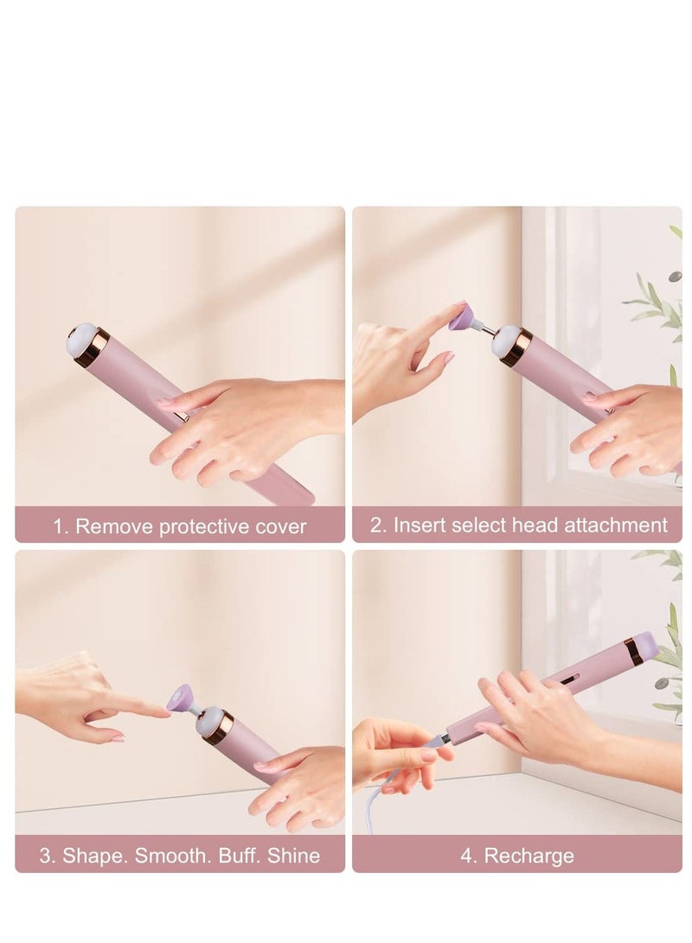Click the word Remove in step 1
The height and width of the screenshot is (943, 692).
(x=110, y=526)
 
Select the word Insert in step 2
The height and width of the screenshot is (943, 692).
(x=421, y=525)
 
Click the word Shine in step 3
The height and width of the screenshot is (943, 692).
(x=294, y=856)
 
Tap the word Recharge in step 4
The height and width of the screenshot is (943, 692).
(x=529, y=856)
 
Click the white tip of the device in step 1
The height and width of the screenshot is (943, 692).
(x=80, y=339)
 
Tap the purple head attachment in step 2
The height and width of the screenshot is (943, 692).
(x=461, y=320)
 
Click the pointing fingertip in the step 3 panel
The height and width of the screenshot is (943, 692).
(x=163, y=711)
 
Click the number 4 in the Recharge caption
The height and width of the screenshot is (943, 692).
(x=466, y=856)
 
